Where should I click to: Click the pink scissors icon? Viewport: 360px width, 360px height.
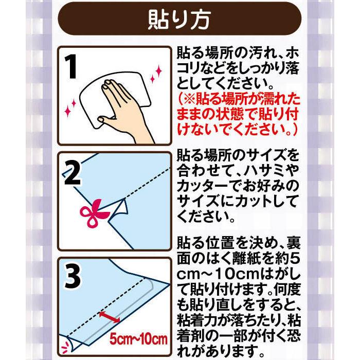click(x=94, y=214)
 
